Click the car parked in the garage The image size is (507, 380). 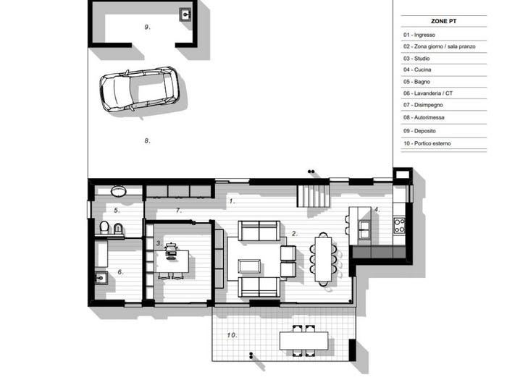click(x=139, y=89)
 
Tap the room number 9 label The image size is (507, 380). click(x=148, y=28)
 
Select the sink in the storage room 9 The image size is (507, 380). click(x=185, y=14)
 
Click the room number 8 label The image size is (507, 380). click(x=148, y=141)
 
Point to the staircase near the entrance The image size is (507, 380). click(x=313, y=196)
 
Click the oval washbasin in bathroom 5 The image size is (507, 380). click(x=118, y=191)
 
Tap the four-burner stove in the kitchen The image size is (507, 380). click(x=399, y=226)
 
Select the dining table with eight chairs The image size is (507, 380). click(x=323, y=259)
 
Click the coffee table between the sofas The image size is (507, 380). click(x=249, y=266)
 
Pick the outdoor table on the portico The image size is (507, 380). click(x=303, y=341)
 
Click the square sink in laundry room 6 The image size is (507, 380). click(x=101, y=277)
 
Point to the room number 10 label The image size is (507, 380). click(x=232, y=335)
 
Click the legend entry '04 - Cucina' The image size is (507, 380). click(x=417, y=69)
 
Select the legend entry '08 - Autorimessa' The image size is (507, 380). click(x=424, y=117)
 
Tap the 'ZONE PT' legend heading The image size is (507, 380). click(x=443, y=21)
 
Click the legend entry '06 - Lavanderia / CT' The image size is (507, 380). click(x=428, y=93)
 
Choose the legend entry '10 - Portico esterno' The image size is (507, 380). click(x=427, y=143)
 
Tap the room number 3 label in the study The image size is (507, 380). click(x=159, y=243)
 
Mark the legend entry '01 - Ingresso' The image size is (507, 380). click(x=419, y=35)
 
